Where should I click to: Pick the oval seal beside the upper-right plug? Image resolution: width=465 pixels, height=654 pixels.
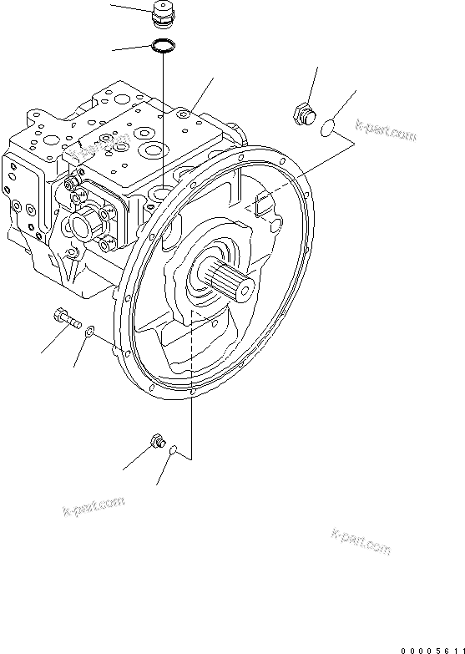[327, 126]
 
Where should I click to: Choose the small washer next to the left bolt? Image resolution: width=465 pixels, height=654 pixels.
[88, 332]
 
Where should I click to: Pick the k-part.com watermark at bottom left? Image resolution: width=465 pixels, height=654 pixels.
[94, 505]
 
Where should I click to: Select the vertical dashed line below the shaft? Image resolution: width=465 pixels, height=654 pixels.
[192, 376]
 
